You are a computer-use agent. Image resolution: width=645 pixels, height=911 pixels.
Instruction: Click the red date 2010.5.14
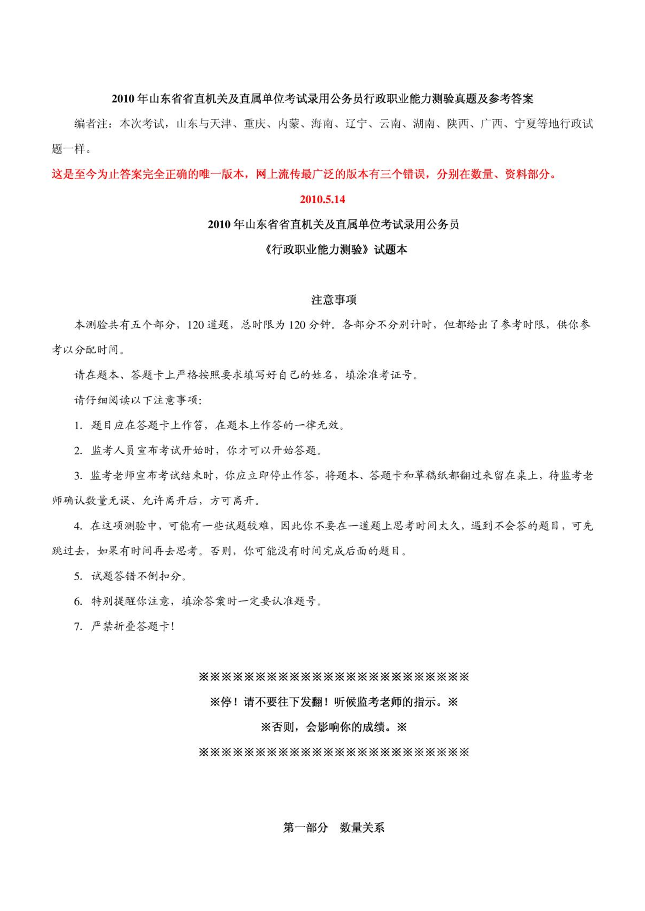coord(322,199)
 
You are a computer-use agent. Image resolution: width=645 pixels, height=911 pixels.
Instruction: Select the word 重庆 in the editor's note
coord(254,124)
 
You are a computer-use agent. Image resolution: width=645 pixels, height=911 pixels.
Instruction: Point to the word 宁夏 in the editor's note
coord(525,124)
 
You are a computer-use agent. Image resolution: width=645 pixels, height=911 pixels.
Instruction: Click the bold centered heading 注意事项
coord(333,300)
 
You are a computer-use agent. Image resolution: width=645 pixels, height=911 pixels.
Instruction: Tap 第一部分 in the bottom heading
coord(305,828)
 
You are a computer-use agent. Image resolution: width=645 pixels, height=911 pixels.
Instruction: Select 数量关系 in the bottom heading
coord(362,828)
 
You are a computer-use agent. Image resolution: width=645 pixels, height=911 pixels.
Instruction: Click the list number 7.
coord(78,627)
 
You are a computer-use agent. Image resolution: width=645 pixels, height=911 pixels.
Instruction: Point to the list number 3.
coord(78,476)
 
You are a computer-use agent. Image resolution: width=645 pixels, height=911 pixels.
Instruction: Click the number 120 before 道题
coord(196,325)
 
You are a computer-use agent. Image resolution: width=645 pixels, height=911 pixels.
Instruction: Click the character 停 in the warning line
coord(226,702)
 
